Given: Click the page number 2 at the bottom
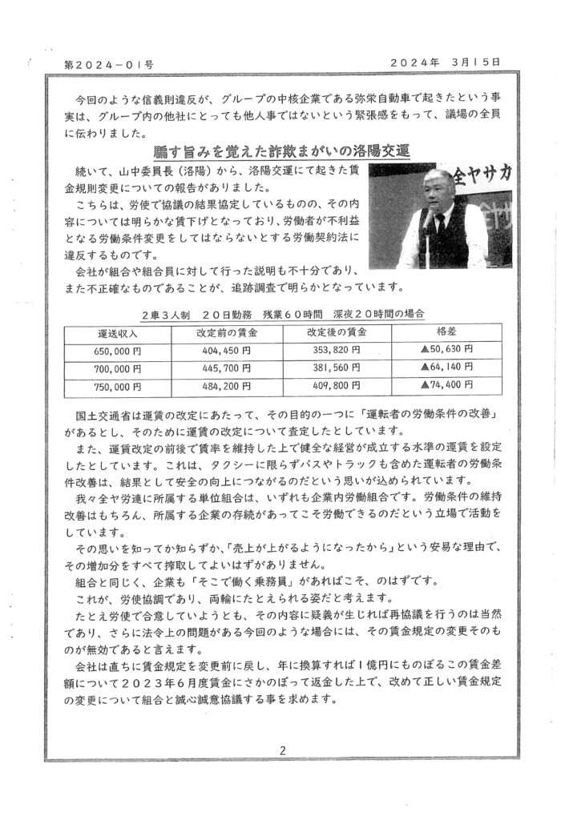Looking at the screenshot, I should (x=283, y=750).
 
